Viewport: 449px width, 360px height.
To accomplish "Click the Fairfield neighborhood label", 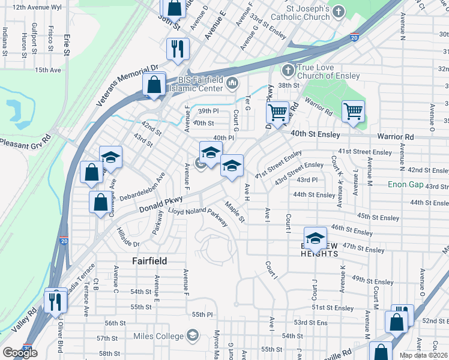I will point(149,261).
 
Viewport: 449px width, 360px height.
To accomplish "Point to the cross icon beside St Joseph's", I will point(339,11).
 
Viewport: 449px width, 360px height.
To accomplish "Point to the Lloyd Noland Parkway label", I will point(198,217).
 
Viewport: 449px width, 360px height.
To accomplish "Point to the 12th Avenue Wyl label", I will point(37,7).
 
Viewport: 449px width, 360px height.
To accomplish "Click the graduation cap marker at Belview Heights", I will point(315,238).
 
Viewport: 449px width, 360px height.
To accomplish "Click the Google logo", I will point(19,353).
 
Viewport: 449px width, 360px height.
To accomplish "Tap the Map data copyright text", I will point(424,355).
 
